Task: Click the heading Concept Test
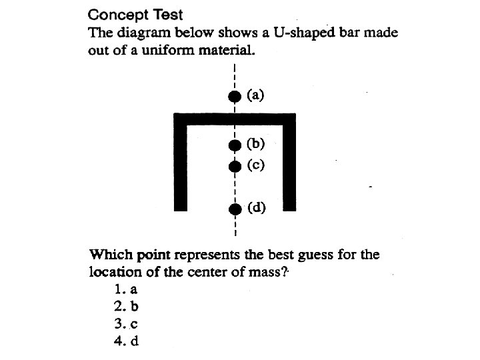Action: [x=135, y=14]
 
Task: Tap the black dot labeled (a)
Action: [x=234, y=96]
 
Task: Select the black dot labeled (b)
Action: [x=234, y=144]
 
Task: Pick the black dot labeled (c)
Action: [x=234, y=166]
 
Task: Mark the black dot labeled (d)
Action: [x=234, y=209]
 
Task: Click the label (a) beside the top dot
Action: [x=256, y=95]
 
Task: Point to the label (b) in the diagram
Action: [x=256, y=143]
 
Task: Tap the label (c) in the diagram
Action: [x=256, y=165]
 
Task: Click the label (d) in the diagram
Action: [x=257, y=207]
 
